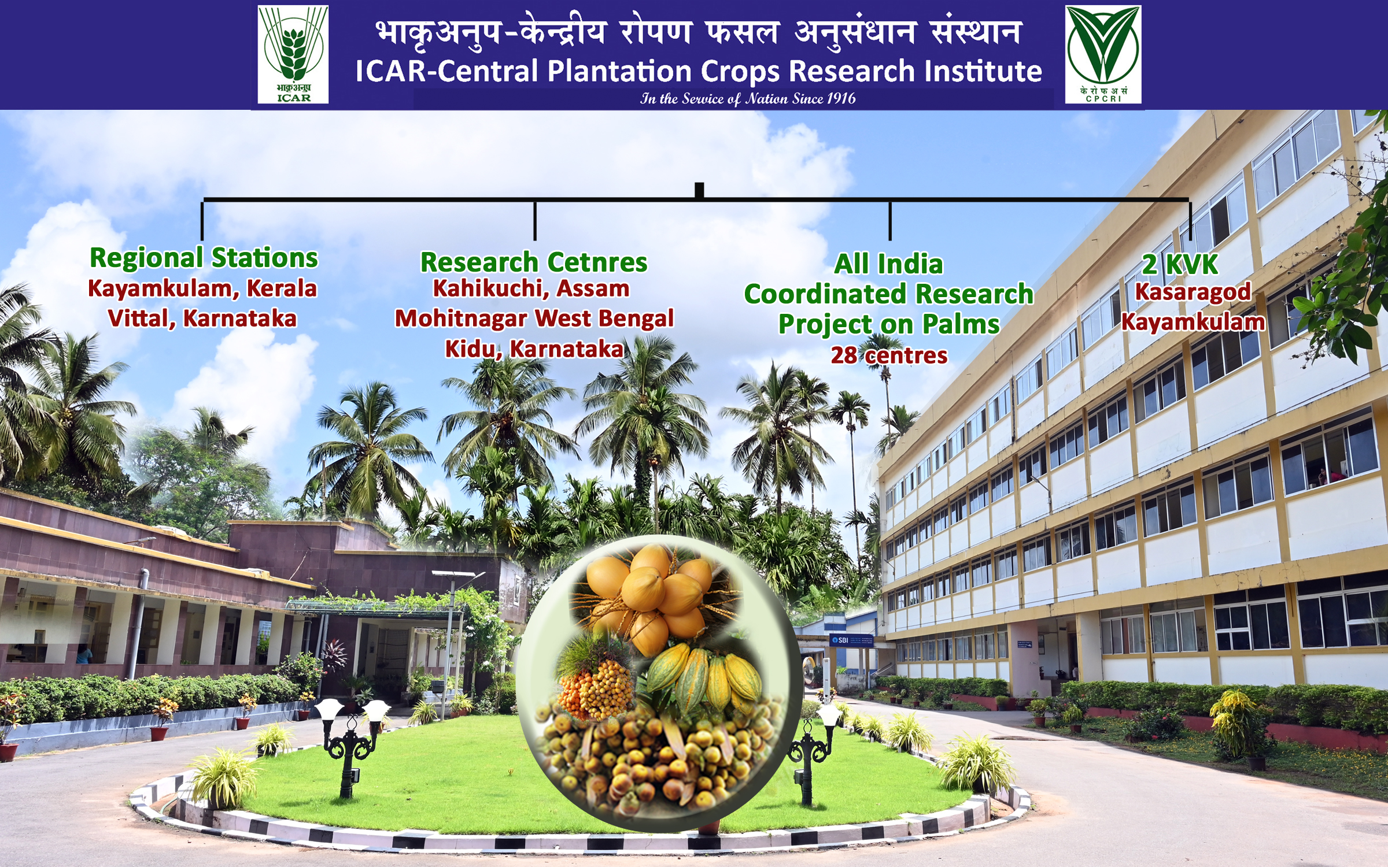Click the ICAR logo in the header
(x=293, y=54)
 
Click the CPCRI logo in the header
(x=1103, y=54)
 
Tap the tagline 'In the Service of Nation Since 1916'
(x=748, y=99)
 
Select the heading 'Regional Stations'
(x=204, y=258)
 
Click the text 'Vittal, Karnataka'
(x=202, y=318)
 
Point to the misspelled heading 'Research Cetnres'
(x=533, y=262)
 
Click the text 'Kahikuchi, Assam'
(x=531, y=288)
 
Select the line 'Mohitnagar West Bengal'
(x=534, y=318)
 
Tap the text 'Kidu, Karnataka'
(x=534, y=349)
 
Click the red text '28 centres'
(x=889, y=355)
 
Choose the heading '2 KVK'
(x=1180, y=264)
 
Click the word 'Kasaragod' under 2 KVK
(x=1193, y=292)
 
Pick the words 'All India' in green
(x=888, y=264)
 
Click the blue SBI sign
(x=851, y=640)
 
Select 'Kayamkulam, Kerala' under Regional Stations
(x=202, y=288)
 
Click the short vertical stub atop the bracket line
(x=699, y=190)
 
